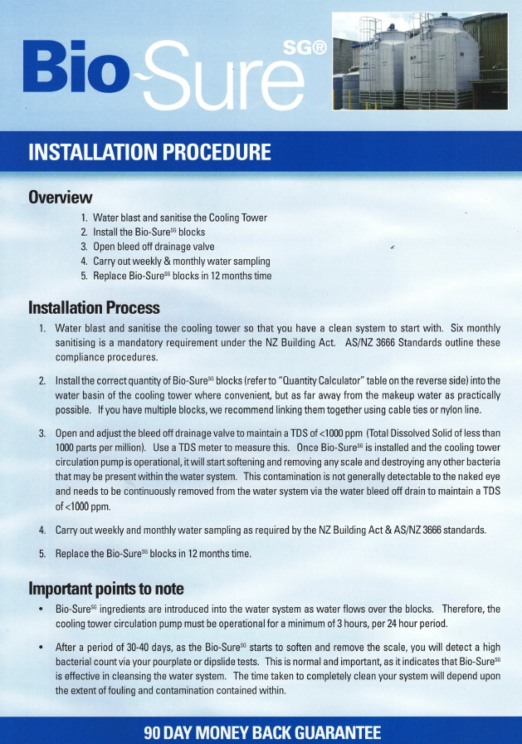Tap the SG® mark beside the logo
[305, 48]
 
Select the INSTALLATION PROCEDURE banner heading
[149, 153]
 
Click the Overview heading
[60, 198]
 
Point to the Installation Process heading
[94, 308]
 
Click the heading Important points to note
[106, 589]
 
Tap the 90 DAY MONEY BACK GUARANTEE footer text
[261, 732]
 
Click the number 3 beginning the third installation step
[42, 433]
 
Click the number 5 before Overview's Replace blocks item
[84, 276]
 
